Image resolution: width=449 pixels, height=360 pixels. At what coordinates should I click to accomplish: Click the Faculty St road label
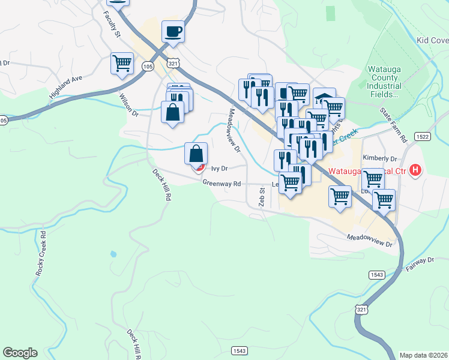(114, 26)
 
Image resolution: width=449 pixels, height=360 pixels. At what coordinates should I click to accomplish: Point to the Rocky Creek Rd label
(41, 259)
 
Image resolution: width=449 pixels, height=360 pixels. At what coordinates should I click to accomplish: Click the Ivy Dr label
(220, 169)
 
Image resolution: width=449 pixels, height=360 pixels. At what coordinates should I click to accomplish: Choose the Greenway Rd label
(221, 183)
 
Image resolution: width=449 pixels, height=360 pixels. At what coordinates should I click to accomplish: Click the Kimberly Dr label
(380, 158)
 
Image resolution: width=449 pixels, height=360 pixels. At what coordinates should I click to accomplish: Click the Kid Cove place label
(432, 40)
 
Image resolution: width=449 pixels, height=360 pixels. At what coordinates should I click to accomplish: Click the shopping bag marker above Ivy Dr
(196, 154)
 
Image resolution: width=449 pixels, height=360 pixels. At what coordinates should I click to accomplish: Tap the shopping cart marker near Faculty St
(122, 62)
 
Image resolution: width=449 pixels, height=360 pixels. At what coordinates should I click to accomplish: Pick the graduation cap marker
(324, 98)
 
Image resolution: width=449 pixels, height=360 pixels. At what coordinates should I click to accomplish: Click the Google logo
(20, 353)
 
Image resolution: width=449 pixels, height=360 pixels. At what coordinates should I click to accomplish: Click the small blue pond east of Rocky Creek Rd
(113, 254)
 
